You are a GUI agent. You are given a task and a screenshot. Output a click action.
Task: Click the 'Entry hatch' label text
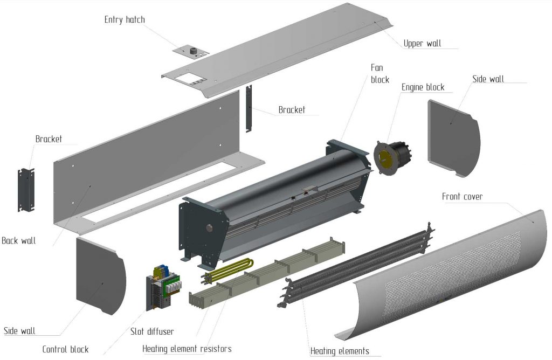tap(125, 20)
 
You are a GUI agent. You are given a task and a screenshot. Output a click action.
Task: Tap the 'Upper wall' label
tap(422, 44)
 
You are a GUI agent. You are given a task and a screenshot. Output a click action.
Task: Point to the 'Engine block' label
tap(423, 87)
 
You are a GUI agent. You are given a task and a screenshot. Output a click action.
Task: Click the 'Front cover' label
tap(462, 197)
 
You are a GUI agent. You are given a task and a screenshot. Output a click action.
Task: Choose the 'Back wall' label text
tap(19, 241)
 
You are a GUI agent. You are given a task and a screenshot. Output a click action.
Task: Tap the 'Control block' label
tap(65, 349)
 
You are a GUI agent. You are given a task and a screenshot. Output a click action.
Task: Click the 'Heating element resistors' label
tap(187, 349)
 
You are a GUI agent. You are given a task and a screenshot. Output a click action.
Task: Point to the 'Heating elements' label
tap(340, 351)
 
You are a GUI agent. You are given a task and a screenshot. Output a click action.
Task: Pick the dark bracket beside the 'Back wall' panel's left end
tap(26, 190)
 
